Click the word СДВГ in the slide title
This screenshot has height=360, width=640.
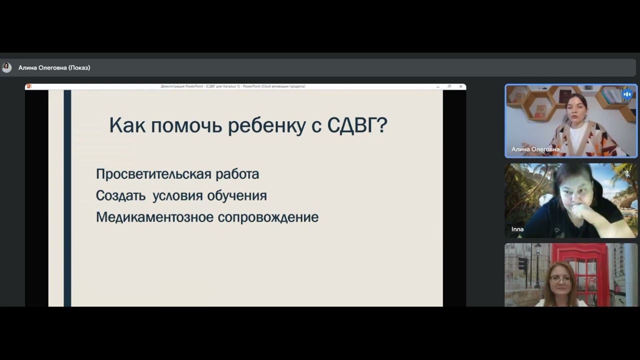[x=357, y=125]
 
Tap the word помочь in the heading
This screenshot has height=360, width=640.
[x=186, y=125]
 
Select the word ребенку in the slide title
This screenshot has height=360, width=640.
[x=266, y=125]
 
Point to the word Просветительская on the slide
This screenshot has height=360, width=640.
[x=153, y=174]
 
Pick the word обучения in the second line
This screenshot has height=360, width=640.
[x=236, y=195]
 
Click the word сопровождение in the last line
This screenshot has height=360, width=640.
[x=275, y=217]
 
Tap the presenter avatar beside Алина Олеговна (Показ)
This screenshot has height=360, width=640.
[x=6, y=67]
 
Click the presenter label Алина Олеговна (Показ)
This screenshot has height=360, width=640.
[x=54, y=67]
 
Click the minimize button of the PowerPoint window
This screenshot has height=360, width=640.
[x=438, y=86]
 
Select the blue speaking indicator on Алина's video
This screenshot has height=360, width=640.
[x=627, y=94]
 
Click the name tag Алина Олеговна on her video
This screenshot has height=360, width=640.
[x=535, y=149]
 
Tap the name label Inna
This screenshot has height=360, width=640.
[x=517, y=229]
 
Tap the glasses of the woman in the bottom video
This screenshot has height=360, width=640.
[x=561, y=279]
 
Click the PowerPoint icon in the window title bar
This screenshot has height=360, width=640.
[x=29, y=86]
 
